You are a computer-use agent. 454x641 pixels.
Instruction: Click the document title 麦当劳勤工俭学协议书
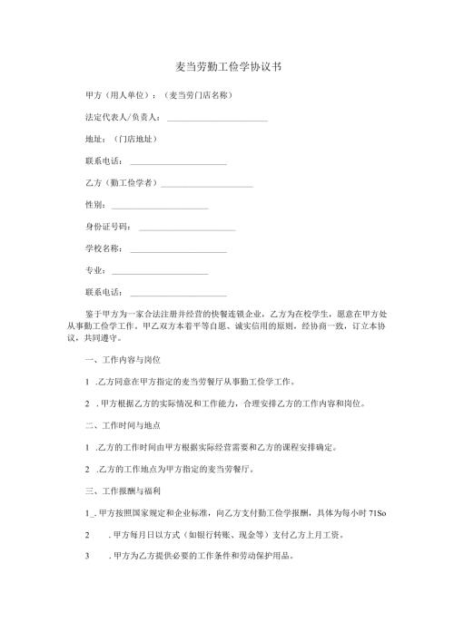[227, 67]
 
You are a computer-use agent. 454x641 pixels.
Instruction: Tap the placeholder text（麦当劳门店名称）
[194, 94]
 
